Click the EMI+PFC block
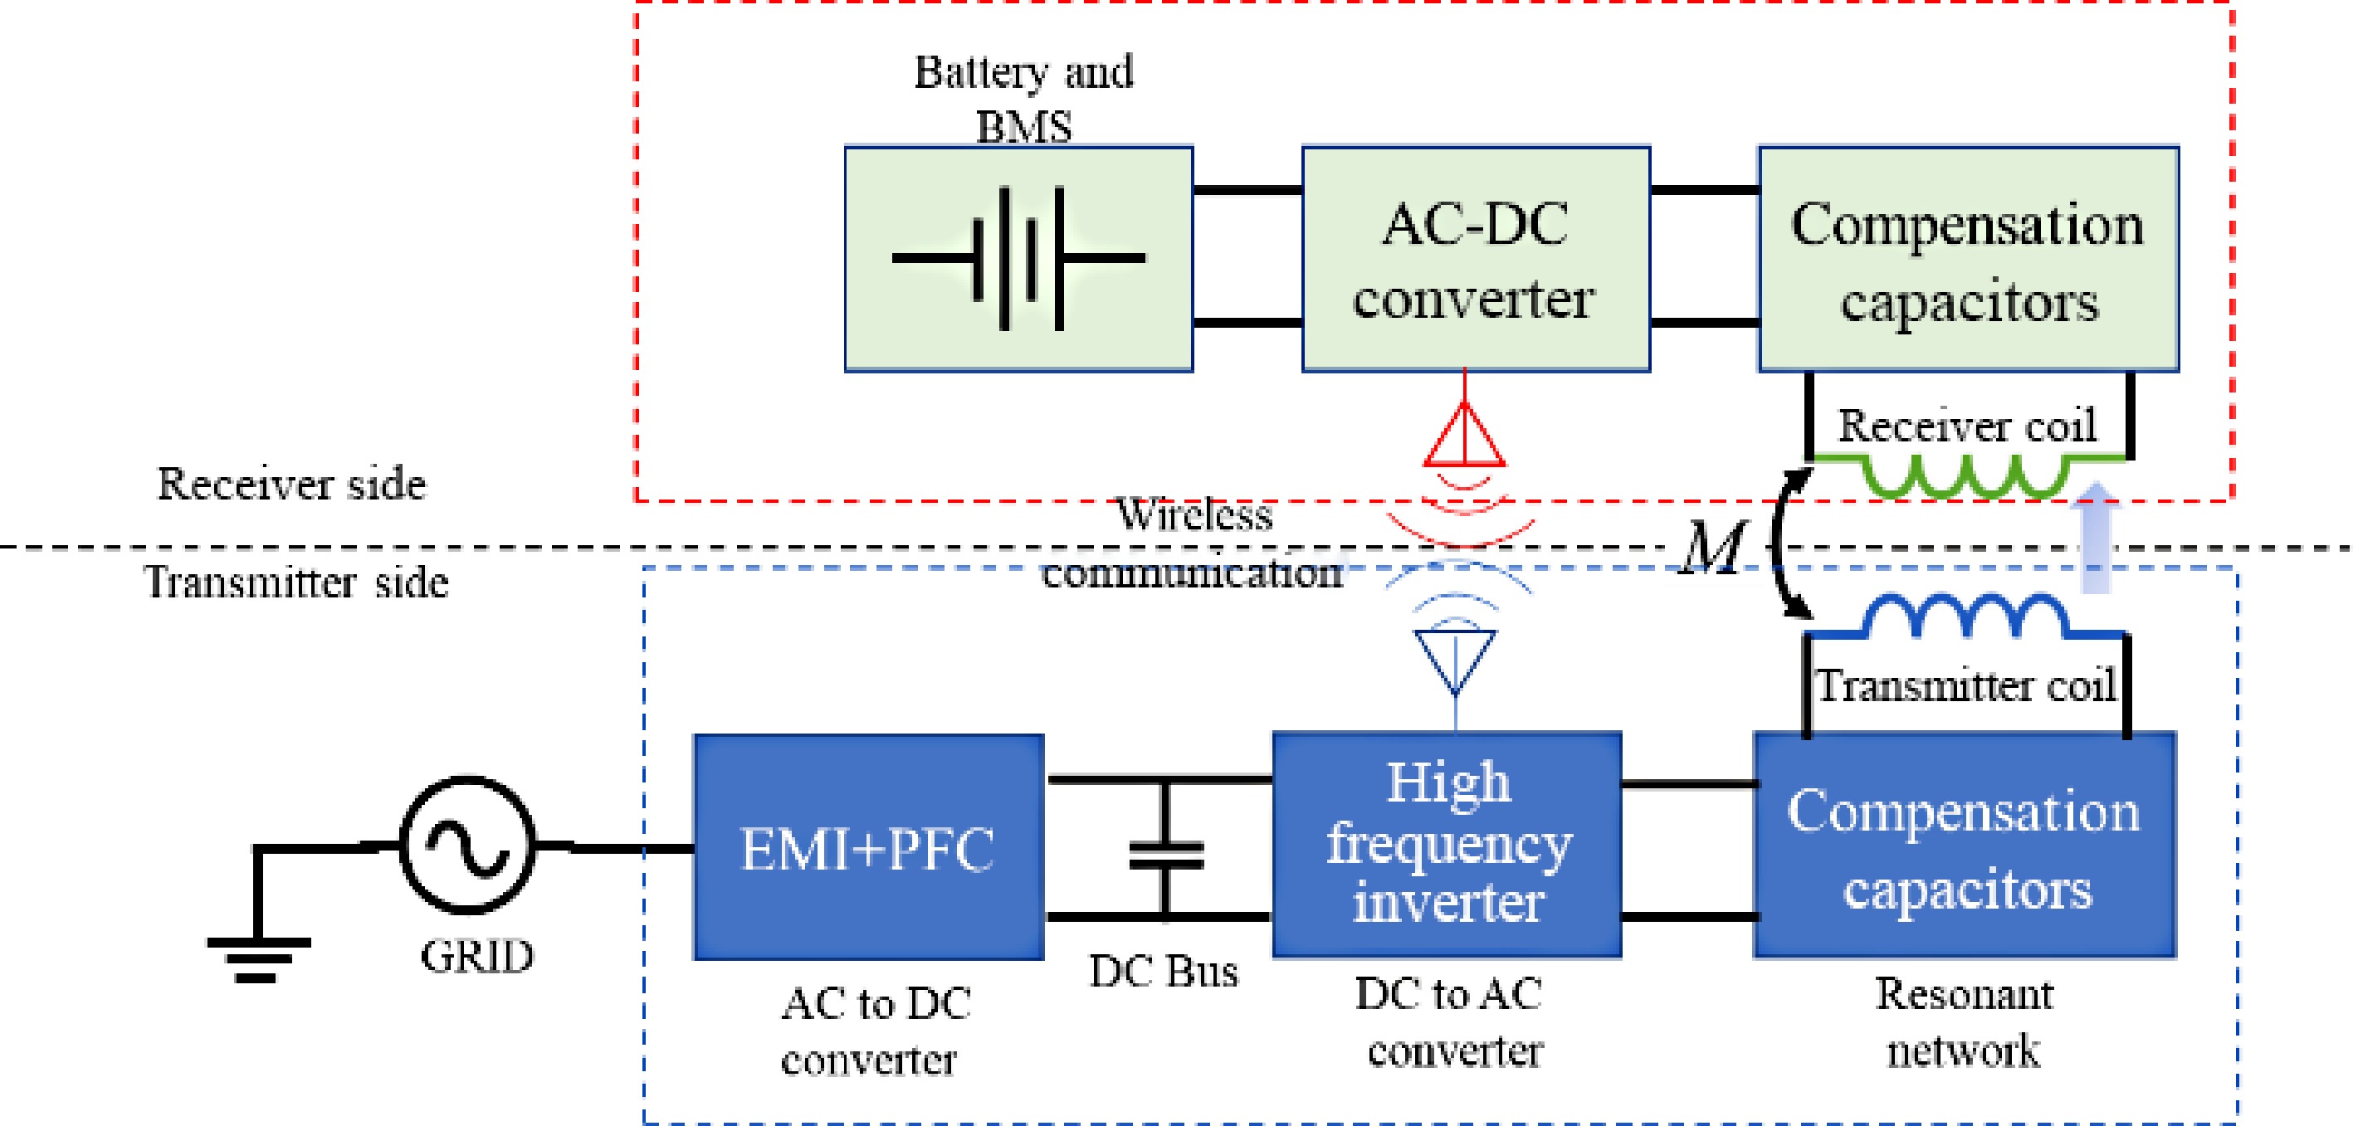[868, 846]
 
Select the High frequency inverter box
[1447, 844]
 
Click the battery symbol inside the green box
[1018, 258]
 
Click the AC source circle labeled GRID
[466, 845]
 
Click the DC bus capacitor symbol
[1165, 855]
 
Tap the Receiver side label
[291, 483]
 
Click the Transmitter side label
[296, 582]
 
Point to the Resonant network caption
[1964, 1022]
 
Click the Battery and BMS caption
[1023, 99]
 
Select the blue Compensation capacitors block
[1964, 846]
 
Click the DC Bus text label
[1163, 971]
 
